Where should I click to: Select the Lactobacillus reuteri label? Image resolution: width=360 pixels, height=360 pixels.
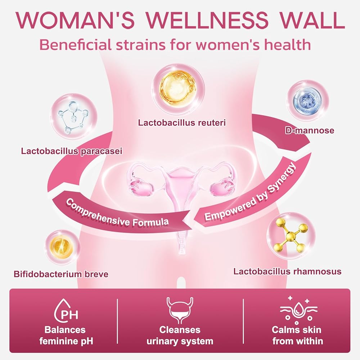(182, 123)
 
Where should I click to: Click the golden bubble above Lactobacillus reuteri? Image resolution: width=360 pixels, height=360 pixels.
(179, 89)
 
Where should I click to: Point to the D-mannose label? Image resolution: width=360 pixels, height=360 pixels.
(310, 130)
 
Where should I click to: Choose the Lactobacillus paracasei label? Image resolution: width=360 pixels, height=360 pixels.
(72, 151)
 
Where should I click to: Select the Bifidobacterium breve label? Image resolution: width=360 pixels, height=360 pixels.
(61, 274)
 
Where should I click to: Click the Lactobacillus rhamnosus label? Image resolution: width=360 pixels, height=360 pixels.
(287, 271)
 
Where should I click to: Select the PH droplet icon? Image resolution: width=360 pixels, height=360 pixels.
(66, 311)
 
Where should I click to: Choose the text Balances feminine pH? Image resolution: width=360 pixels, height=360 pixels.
(66, 336)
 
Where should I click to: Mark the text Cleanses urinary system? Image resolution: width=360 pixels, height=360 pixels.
(180, 336)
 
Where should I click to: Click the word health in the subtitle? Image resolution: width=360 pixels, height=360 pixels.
(287, 44)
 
